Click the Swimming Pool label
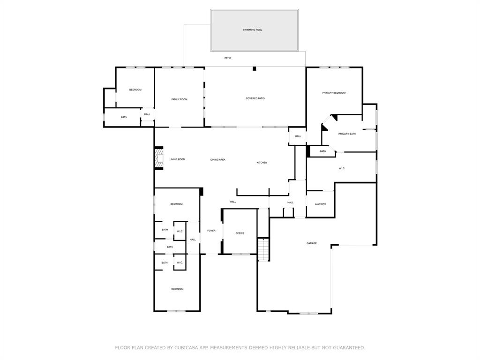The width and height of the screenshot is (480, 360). pyautogui.click(x=252, y=30)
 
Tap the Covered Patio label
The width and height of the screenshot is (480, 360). pyautogui.click(x=255, y=98)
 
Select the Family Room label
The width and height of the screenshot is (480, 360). pyautogui.click(x=179, y=99)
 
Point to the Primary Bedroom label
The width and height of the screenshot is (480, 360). pyautogui.click(x=334, y=93)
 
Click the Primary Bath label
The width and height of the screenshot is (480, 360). pyautogui.click(x=347, y=134)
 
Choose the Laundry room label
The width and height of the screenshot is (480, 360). pyautogui.click(x=321, y=204)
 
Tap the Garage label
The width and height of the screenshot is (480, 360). pyautogui.click(x=312, y=243)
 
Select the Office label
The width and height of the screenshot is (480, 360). pyautogui.click(x=240, y=233)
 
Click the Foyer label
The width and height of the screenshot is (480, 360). pyautogui.click(x=211, y=231)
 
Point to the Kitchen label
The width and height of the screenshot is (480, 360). pyautogui.click(x=262, y=163)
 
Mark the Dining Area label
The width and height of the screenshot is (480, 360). pyautogui.click(x=218, y=160)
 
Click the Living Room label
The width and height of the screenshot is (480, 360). pyautogui.click(x=177, y=159)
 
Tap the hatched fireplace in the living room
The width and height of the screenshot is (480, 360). pyautogui.click(x=159, y=159)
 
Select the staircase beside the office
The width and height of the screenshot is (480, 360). pyautogui.click(x=263, y=249)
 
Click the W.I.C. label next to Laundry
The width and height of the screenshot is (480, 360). pyautogui.click(x=342, y=168)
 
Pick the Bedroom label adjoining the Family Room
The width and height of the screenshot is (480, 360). pyautogui.click(x=135, y=90)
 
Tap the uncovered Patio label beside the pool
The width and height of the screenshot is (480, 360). pyautogui.click(x=228, y=58)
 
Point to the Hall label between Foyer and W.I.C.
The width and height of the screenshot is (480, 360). pyautogui.click(x=193, y=240)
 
